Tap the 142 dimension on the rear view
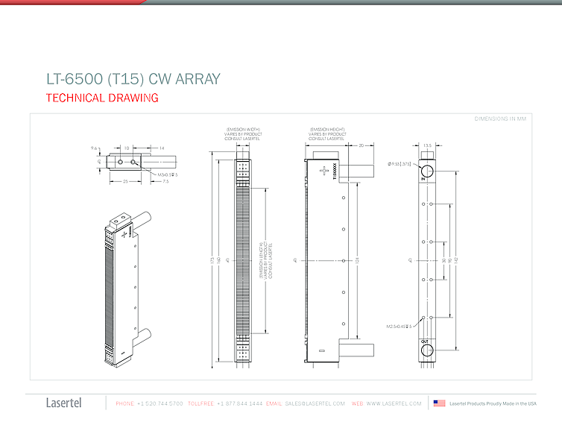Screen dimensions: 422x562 (x=455, y=260)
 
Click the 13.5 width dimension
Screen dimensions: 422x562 (x=427, y=145)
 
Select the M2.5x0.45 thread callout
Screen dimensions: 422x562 (x=399, y=327)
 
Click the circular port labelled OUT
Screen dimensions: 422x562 (x=427, y=350)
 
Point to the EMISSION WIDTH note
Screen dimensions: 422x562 (x=244, y=134)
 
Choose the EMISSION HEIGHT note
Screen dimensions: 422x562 (x=328, y=134)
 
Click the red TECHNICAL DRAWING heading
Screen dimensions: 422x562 (x=102, y=98)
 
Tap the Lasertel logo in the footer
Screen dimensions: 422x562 (x=64, y=403)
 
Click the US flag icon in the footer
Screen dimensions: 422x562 (x=439, y=403)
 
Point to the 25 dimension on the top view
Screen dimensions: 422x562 (x=125, y=180)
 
